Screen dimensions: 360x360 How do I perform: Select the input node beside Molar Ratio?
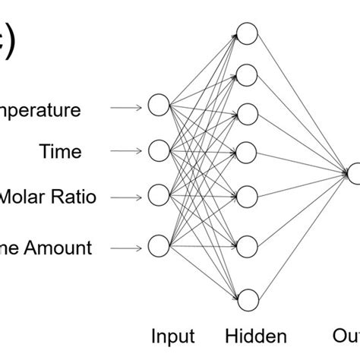pos(158,196)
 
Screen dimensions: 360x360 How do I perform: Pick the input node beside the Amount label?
pos(158,246)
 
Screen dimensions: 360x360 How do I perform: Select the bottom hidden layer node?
pos(247,298)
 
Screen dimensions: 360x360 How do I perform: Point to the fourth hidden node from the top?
pos(247,147)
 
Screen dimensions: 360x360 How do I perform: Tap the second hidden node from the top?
pos(247,73)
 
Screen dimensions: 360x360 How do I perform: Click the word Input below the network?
pos(173,336)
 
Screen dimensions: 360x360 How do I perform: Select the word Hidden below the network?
pos(257,336)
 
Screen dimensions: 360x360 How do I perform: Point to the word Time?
pos(60,153)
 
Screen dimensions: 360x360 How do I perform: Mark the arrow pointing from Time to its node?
pos(126,151)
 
